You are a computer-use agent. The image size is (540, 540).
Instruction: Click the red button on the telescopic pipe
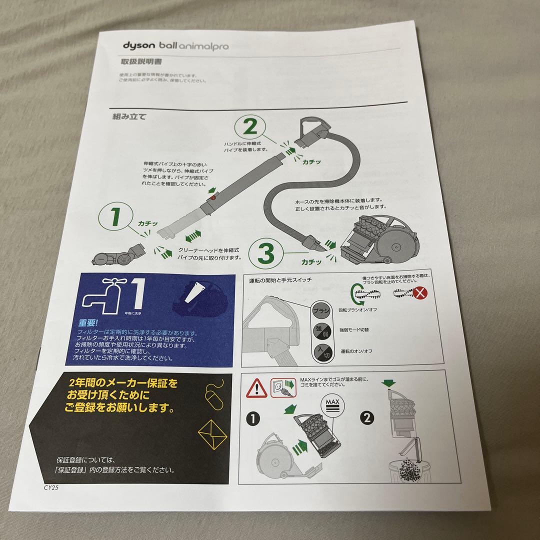(x=214, y=198)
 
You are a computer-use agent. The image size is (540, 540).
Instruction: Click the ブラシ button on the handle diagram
(x=321, y=310)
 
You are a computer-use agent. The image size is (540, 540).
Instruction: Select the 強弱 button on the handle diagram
(x=320, y=330)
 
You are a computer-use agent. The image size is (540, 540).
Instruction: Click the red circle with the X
(x=421, y=293)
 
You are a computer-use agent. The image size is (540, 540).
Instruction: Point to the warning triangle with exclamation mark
(x=257, y=386)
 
